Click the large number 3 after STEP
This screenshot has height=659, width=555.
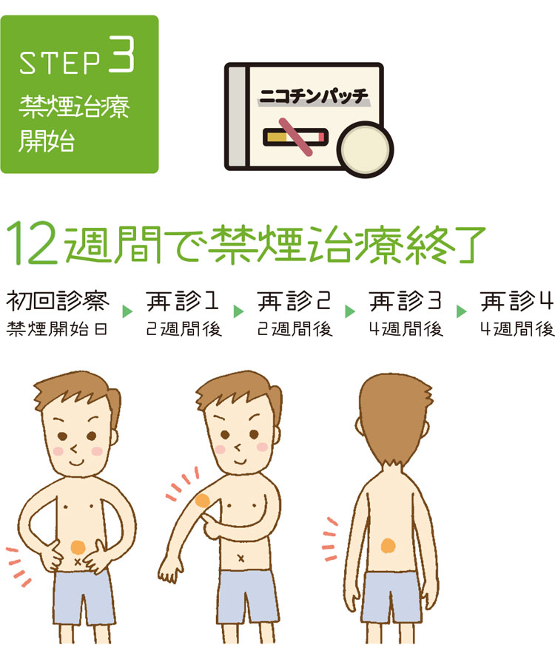[x=122, y=55]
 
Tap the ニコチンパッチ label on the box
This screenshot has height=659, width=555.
[x=313, y=97]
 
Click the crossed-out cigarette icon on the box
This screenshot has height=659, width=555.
[x=295, y=137]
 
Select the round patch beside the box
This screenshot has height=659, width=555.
[x=366, y=149]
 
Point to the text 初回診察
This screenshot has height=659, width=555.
[x=58, y=301]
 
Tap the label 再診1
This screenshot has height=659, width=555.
[x=182, y=301]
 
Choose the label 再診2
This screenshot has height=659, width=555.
[x=294, y=301]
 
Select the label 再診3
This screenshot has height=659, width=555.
[x=406, y=301]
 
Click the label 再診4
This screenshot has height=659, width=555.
[x=517, y=301]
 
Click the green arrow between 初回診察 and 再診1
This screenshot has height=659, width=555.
[x=127, y=311]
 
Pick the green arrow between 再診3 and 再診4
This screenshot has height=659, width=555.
[x=461, y=311]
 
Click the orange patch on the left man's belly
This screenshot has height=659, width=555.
[x=78, y=547]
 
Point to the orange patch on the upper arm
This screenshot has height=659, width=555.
[x=202, y=501]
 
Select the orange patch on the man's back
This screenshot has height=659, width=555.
[x=388, y=546]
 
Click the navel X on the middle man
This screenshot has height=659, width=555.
[x=241, y=558]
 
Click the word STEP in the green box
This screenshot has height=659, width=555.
[x=60, y=63]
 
